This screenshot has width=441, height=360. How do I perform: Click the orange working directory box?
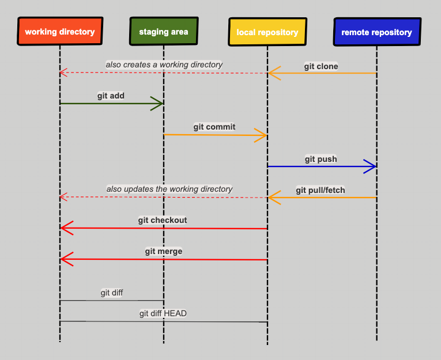point(59,32)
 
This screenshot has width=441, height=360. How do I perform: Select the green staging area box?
point(163,32)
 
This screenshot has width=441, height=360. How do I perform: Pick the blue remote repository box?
point(376,32)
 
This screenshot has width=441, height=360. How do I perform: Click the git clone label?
point(321,66)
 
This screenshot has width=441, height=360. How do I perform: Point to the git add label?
point(111,96)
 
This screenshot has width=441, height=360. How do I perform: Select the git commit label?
point(214,127)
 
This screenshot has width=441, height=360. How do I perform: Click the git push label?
point(321,159)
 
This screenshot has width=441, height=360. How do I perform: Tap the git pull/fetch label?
point(321,190)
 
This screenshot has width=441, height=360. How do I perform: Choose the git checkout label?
point(163,220)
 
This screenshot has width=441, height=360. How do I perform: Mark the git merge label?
point(164,251)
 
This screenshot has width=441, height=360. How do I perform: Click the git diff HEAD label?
point(163,313)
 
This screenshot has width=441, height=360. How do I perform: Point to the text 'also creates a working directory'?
point(164,65)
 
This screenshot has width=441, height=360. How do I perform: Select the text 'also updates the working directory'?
point(169,189)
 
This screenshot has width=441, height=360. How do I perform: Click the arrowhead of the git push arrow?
point(371,166)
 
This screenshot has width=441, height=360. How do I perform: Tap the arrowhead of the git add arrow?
point(158,104)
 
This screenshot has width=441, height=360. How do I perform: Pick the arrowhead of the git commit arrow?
point(262,136)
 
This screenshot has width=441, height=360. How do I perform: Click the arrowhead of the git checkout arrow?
point(65,228)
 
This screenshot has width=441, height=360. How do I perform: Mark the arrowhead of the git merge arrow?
point(65,259)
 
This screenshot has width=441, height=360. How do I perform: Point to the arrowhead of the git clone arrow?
point(273,73)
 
